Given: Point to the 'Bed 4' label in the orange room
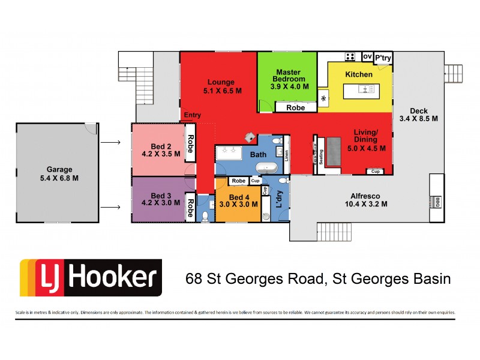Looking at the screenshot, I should click(x=238, y=197).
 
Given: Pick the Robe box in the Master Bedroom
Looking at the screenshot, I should click(x=295, y=107).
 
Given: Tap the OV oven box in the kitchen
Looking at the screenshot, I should click(x=367, y=56).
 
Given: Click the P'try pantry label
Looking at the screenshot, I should click(x=383, y=58).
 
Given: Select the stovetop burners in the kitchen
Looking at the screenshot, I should click(x=349, y=56).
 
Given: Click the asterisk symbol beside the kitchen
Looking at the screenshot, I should click(x=324, y=99).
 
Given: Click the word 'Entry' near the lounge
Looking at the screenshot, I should click(x=193, y=115).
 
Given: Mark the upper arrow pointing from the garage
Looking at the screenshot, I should click(x=109, y=143).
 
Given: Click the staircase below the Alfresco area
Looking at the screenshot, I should click(x=332, y=230).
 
